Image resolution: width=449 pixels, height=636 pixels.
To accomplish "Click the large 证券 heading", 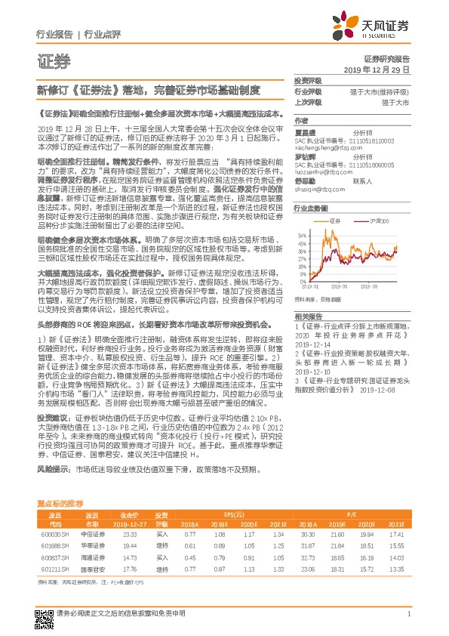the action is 52,61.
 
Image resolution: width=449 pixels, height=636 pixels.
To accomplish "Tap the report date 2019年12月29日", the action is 382,69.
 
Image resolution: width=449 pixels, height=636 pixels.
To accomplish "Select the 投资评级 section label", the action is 308,79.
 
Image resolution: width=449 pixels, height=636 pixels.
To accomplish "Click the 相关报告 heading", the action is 308,316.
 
